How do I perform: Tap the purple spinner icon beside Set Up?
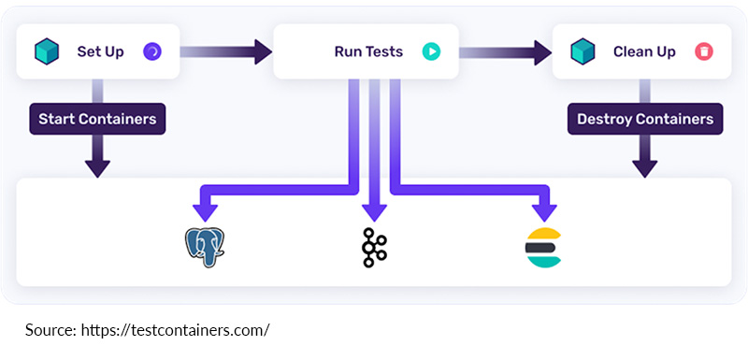pyautogui.click(x=151, y=50)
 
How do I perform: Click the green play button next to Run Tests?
pyautogui.click(x=430, y=50)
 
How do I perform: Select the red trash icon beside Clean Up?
pyautogui.click(x=703, y=50)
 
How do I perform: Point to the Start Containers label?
pyautogui.click(x=97, y=120)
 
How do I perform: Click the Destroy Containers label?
pyautogui.click(x=644, y=120)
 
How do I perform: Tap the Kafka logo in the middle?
pyautogui.click(x=374, y=248)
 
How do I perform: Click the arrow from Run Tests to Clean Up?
pyautogui.click(x=504, y=50)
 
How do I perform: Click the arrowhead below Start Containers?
pyautogui.click(x=97, y=166)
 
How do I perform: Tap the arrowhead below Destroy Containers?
pyautogui.click(x=644, y=166)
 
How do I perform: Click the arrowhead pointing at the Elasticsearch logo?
pyautogui.click(x=542, y=206)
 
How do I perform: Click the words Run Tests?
pyautogui.click(x=368, y=51)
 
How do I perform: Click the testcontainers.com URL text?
pyautogui.click(x=176, y=330)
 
